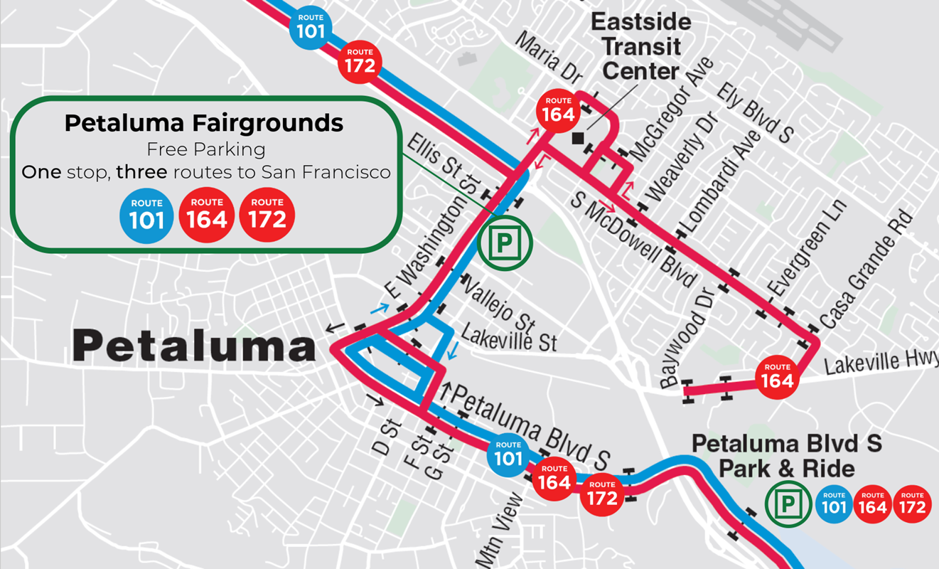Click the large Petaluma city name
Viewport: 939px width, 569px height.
coord(194,347)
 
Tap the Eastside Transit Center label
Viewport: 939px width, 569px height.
coord(640,47)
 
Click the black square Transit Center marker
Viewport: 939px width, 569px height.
coord(579,138)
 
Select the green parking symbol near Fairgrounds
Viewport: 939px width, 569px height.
coord(504,244)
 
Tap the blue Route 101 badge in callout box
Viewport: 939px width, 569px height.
coord(146,216)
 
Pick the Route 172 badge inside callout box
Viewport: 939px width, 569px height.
coord(267,216)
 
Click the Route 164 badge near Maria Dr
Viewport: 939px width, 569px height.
coord(558,111)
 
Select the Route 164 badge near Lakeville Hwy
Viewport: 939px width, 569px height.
coord(777,377)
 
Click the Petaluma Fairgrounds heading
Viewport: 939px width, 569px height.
coord(204,123)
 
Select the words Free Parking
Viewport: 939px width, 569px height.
coord(205,149)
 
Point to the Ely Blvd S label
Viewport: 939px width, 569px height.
coord(755,112)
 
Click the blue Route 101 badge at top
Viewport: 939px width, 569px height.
coord(311,28)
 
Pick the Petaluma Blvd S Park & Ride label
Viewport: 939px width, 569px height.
coord(786,456)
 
